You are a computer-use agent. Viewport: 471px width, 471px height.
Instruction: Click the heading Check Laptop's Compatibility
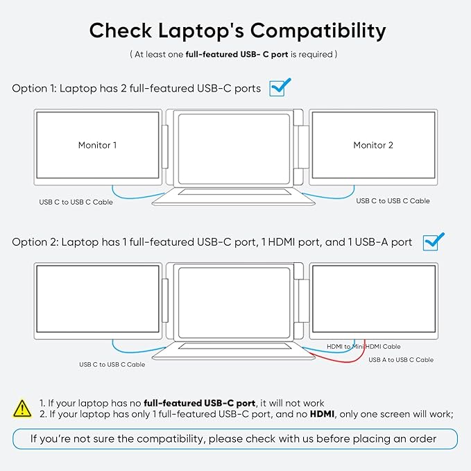click(237, 31)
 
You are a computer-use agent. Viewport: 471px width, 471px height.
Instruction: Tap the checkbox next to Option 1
click(279, 87)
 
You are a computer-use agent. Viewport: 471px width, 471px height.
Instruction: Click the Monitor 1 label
click(97, 145)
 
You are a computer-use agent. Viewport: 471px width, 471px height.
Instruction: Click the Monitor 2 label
click(373, 145)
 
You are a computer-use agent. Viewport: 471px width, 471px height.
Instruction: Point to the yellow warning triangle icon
click(22, 408)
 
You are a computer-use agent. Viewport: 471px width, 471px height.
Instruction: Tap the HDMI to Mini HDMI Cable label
click(363, 346)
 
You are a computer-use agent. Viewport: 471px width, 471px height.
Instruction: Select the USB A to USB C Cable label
click(401, 360)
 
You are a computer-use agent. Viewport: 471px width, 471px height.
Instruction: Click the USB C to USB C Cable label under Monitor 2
click(393, 201)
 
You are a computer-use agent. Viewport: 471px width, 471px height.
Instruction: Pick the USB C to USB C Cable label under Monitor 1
click(76, 203)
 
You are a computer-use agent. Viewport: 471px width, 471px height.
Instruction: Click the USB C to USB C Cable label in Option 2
click(112, 364)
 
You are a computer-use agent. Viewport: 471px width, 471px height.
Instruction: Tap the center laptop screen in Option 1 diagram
click(235, 146)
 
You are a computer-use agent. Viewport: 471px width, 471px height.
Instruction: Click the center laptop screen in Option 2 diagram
click(235, 299)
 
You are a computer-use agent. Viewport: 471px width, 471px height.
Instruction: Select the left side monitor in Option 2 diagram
click(97, 298)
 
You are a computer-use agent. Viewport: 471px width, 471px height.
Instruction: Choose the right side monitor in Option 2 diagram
click(373, 298)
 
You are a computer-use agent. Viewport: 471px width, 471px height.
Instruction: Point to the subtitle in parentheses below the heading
click(234, 53)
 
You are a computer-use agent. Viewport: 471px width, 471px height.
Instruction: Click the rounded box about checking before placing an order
click(234, 438)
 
